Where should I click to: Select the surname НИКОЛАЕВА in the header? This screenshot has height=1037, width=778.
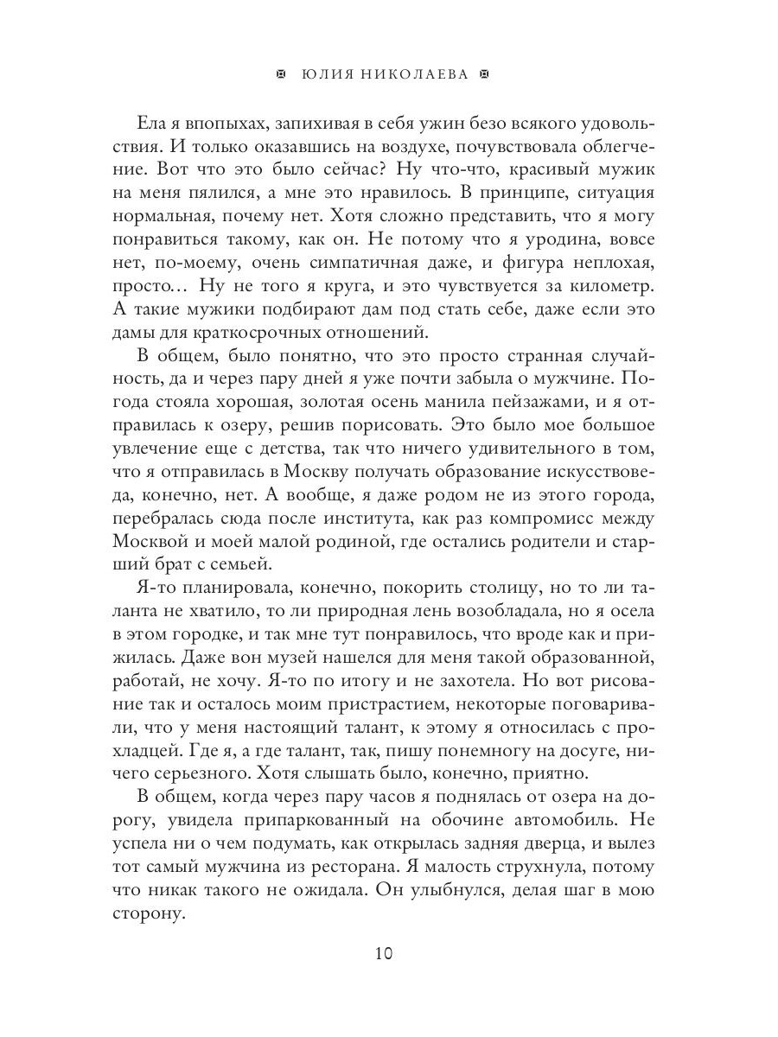[419, 74]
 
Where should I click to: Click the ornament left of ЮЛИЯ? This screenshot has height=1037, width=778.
[278, 74]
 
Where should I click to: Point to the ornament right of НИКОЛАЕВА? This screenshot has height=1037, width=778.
[484, 74]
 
